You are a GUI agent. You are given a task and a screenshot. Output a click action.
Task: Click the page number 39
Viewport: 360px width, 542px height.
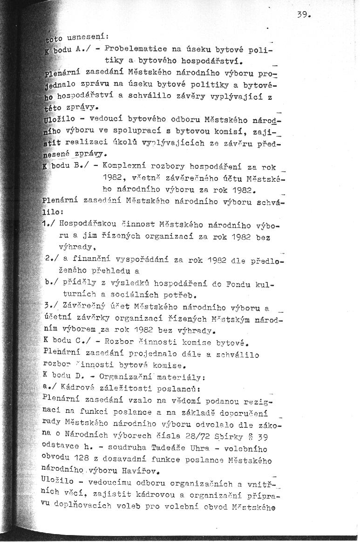pos(303,15)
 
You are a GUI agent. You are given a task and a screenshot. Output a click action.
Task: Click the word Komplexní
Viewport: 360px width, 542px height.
pos(123,165)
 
